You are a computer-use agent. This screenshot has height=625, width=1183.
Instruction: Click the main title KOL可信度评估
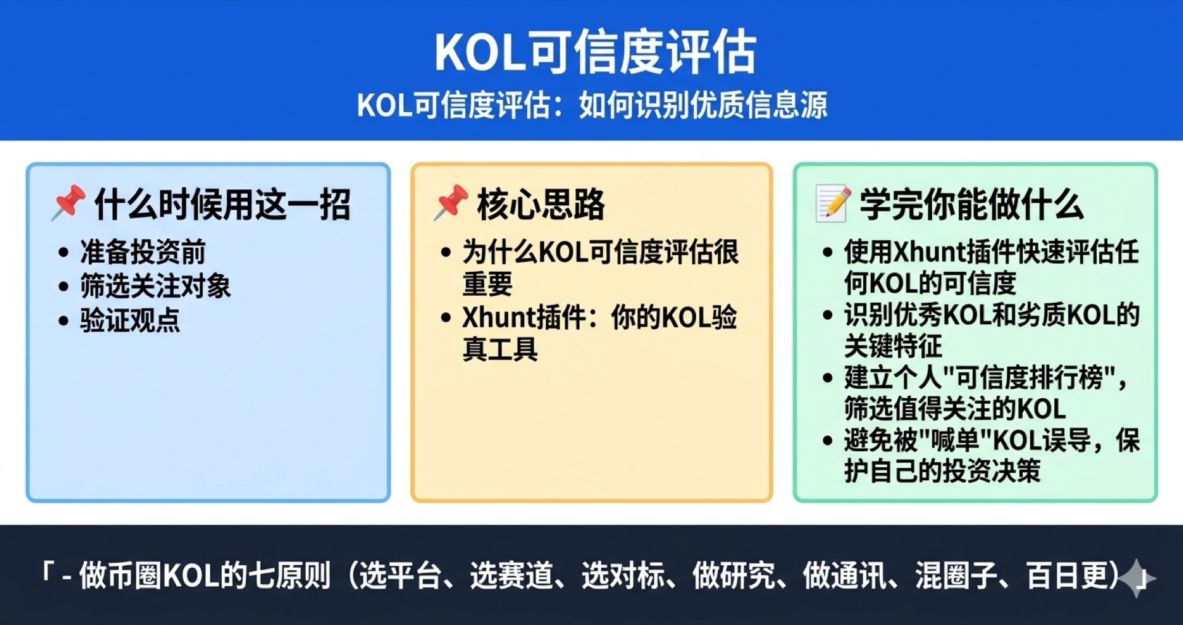click(595, 52)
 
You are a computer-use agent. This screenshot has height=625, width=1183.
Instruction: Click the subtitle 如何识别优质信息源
click(702, 105)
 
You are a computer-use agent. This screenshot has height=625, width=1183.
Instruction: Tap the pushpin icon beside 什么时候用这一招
click(68, 202)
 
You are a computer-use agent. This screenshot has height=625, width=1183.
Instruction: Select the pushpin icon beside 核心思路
click(450, 202)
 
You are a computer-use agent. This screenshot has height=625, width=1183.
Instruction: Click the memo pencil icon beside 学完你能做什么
click(833, 203)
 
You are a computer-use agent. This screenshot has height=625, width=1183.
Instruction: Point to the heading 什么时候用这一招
click(222, 204)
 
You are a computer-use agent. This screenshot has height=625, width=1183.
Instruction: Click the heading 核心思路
click(541, 204)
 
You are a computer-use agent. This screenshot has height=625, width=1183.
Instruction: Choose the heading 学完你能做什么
click(972, 204)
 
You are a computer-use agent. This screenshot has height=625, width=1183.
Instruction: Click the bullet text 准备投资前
click(143, 251)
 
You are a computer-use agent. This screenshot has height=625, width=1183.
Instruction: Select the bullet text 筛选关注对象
click(155, 286)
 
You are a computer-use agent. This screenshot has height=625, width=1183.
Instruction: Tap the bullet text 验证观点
click(130, 321)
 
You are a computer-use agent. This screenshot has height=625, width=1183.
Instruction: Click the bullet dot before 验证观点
click(63, 321)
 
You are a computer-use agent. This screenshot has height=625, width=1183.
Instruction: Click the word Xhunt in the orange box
click(499, 317)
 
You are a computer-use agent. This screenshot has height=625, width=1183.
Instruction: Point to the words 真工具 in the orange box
click(500, 349)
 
